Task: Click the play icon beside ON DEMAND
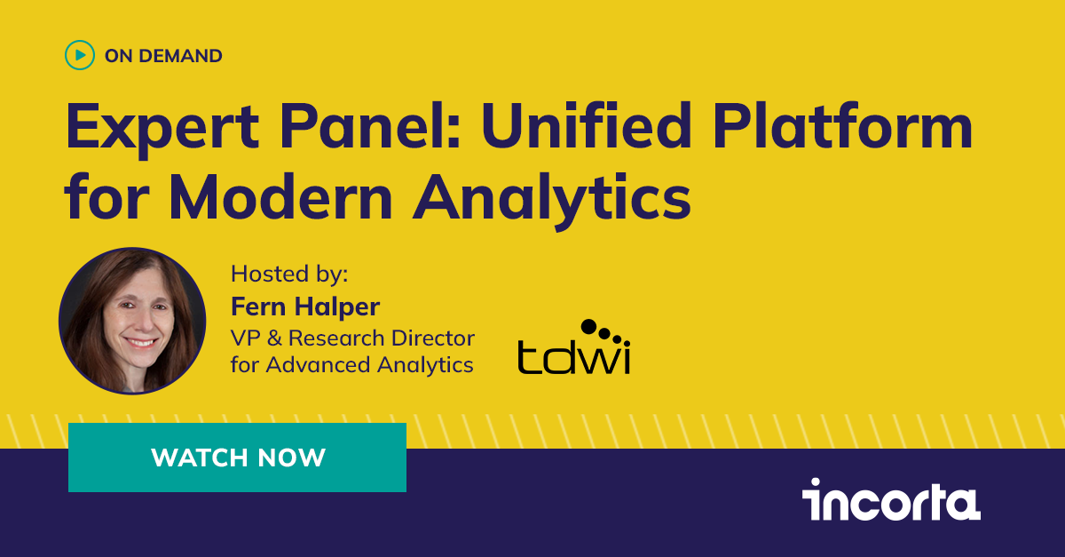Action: pos(79,55)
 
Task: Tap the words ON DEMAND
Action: pos(163,56)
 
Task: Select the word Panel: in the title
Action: pos(369,126)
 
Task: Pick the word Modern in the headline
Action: pos(280,196)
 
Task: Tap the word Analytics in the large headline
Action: pos(551,200)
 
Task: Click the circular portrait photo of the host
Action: pos(132,321)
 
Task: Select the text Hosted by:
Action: pos(289,275)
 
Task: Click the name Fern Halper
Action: pos(305,306)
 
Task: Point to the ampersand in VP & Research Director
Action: pos(274,338)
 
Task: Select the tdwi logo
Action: pos(573,346)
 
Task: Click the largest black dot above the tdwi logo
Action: pos(588,326)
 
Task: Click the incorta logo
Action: pos(891,499)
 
